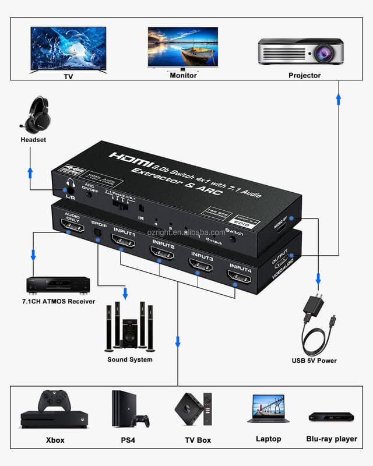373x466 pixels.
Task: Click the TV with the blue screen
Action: pyautogui.click(x=68, y=48)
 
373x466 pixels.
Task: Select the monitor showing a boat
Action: pyautogui.click(x=182, y=47)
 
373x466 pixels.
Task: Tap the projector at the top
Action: pyautogui.click(x=300, y=51)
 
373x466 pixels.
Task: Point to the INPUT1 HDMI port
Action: pyautogui.click(x=123, y=239)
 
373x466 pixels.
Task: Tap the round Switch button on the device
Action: pyautogui.click(x=231, y=239)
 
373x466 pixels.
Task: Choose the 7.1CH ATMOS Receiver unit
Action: pyautogui.click(x=58, y=285)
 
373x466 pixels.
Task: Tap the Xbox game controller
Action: pyautogui.click(x=54, y=401)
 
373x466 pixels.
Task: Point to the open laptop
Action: pyautogui.click(x=268, y=408)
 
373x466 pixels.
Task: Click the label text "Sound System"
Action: pyautogui.click(x=130, y=359)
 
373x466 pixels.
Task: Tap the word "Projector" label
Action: pyautogui.click(x=304, y=75)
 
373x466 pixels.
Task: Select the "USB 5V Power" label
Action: pyautogui.click(x=314, y=361)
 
